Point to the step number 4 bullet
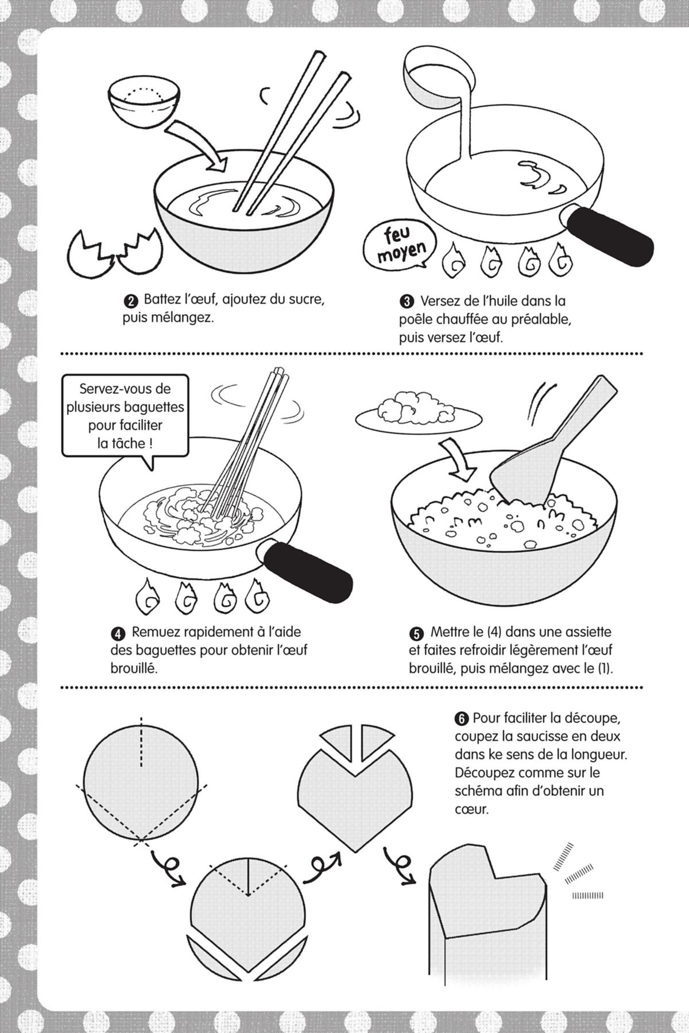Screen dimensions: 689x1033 [117, 633]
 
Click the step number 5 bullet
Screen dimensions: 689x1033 [416, 633]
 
